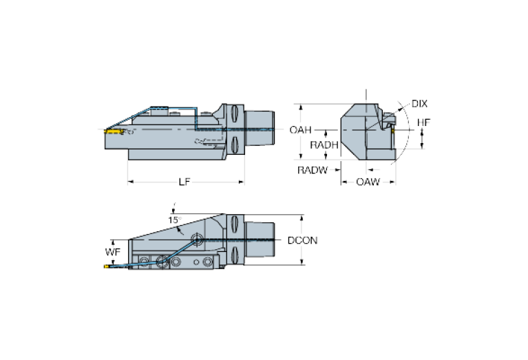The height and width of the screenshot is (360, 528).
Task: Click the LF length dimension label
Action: click(x=184, y=181)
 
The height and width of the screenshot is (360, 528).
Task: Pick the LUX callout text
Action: click(x=419, y=104)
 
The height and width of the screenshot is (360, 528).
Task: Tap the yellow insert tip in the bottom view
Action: click(x=105, y=266)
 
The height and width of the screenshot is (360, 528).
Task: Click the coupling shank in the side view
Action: click(x=260, y=129)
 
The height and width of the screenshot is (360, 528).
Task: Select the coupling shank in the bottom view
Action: click(x=261, y=240)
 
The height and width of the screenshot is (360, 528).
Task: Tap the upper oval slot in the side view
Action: click(x=234, y=112)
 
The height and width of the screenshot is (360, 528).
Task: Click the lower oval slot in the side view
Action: click(x=234, y=145)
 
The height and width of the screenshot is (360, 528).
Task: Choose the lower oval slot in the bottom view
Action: click(x=234, y=254)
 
